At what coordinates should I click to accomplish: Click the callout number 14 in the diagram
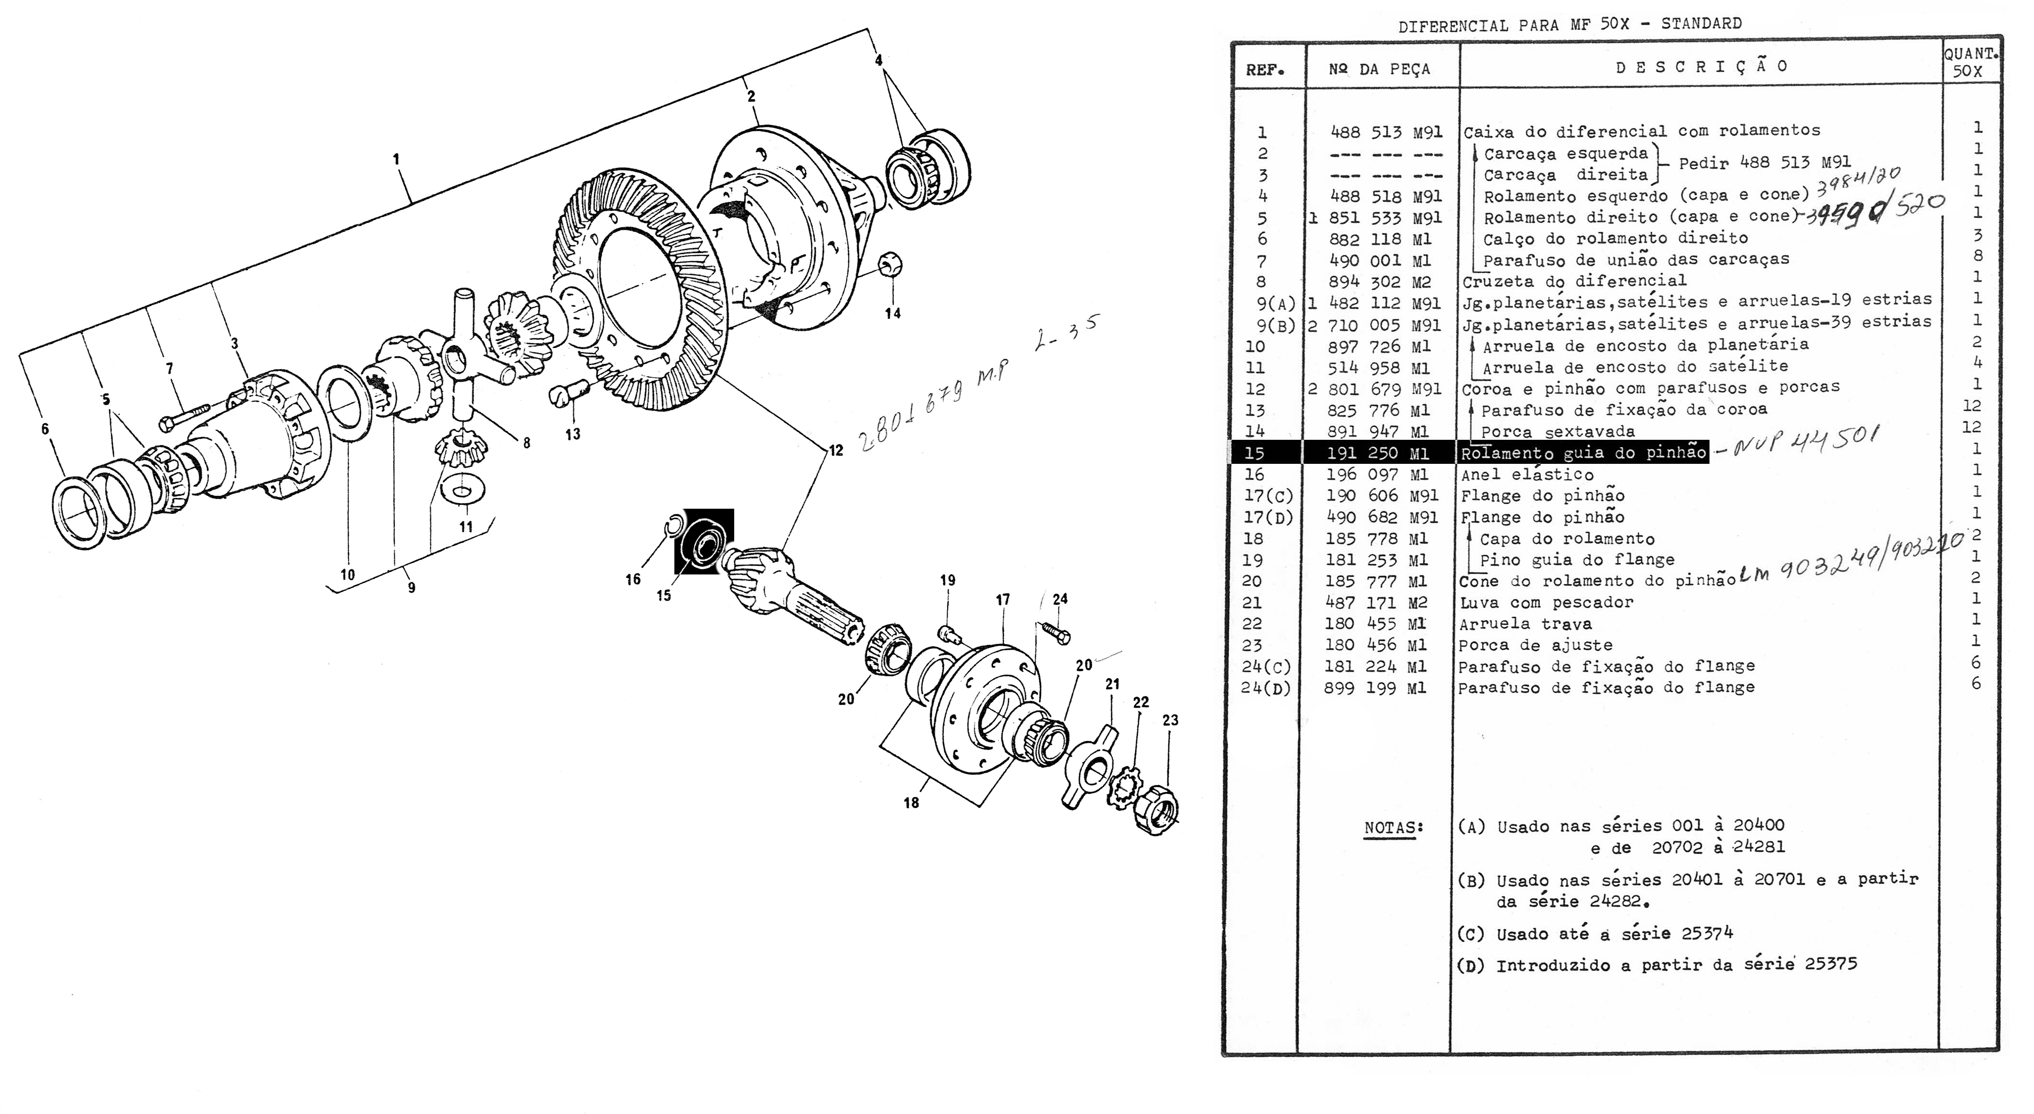[892, 313]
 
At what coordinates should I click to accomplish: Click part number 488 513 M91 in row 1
[1386, 132]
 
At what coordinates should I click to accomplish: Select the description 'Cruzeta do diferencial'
[1574, 281]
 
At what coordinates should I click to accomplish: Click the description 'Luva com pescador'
[1546, 602]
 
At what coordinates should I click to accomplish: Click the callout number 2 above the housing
[751, 97]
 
